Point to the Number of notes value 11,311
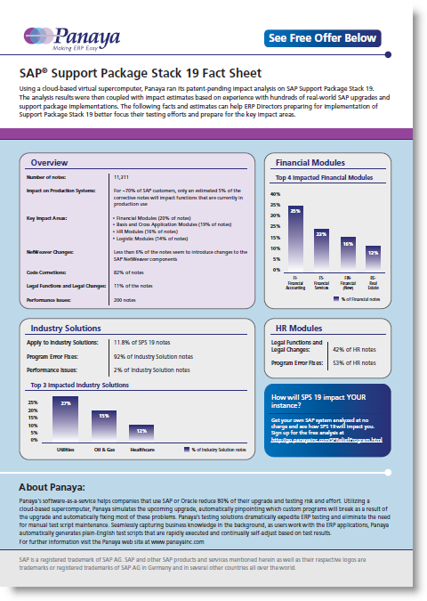[x=125, y=179]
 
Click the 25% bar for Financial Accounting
[x=294, y=236]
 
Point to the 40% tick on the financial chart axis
[x=276, y=193]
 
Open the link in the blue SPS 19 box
[x=326, y=440]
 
